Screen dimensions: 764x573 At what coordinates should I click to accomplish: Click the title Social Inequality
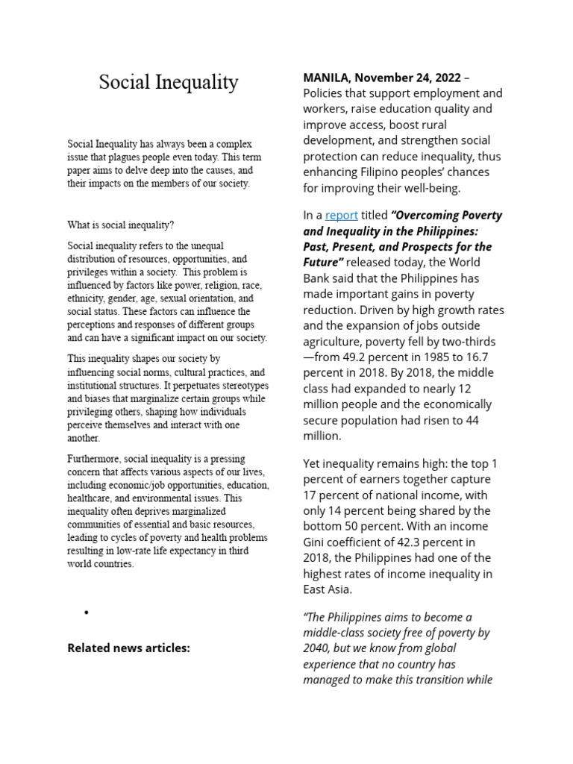click(169, 82)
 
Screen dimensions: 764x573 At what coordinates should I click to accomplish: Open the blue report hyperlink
click(342, 215)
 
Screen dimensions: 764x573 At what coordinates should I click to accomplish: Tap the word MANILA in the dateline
click(326, 78)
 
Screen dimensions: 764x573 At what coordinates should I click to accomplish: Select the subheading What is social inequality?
click(121, 225)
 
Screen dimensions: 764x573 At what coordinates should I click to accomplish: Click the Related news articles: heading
click(129, 648)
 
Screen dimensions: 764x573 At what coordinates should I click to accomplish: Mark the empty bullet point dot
click(87, 613)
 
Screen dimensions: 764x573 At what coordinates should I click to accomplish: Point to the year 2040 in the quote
click(316, 648)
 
